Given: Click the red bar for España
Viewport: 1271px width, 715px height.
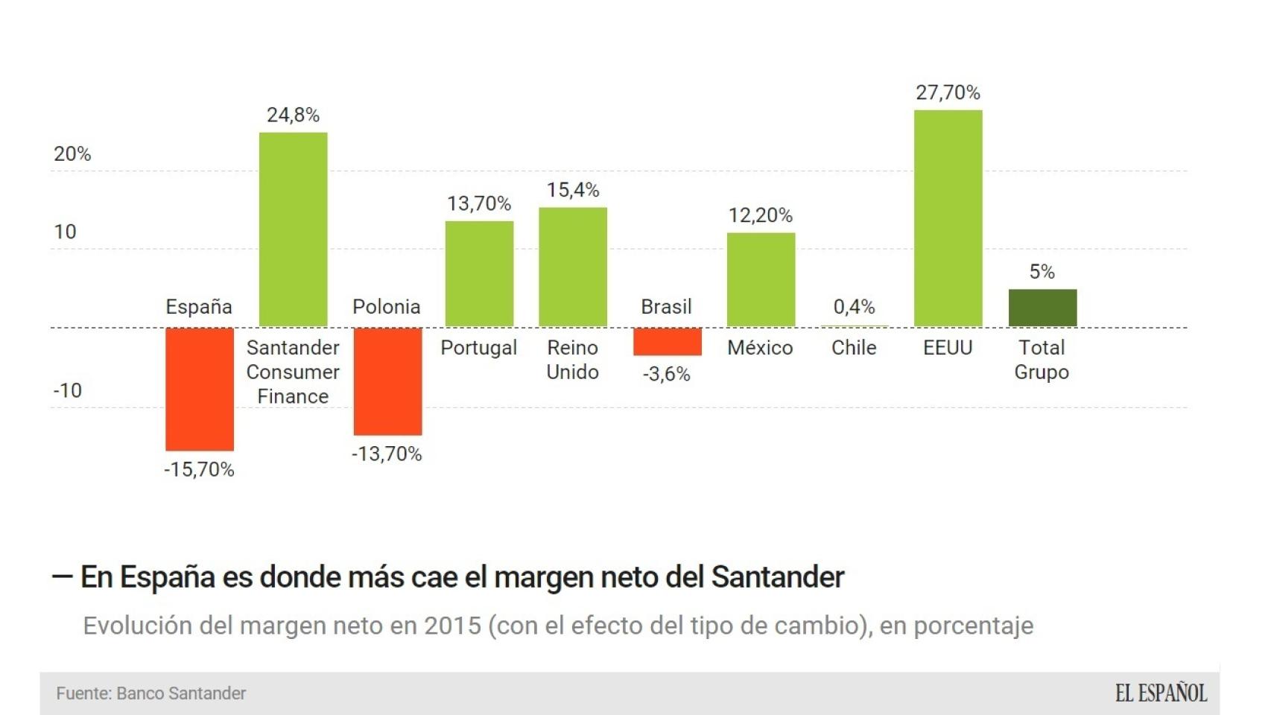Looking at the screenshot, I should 200,389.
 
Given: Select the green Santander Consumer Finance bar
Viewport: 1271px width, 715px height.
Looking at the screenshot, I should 293,229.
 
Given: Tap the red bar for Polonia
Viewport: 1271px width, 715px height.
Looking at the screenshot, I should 387,381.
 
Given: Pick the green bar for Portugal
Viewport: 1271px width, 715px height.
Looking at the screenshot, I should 479,274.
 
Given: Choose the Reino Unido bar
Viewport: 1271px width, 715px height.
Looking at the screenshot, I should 573,267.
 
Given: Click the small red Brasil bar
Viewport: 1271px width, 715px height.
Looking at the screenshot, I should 667,341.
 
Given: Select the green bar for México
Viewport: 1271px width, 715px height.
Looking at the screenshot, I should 761,279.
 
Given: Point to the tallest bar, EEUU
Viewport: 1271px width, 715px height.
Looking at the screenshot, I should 948,218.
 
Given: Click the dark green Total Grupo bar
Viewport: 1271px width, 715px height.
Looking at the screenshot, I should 1042,308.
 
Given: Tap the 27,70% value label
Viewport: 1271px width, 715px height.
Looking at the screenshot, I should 948,92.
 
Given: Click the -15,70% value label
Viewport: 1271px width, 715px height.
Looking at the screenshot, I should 199,469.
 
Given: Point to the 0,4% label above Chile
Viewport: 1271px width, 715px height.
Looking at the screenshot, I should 854,307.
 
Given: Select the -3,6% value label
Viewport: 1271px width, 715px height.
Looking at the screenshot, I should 667,374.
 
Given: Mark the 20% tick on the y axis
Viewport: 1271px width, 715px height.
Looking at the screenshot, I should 72,154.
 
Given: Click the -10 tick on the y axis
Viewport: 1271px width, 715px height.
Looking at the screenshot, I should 68,390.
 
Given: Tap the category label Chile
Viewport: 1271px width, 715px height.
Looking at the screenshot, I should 854,348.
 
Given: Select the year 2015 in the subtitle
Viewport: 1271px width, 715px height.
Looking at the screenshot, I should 453,626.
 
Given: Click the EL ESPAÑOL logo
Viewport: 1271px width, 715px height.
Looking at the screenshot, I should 1161,693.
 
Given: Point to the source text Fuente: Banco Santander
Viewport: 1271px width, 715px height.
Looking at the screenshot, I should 151,693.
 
